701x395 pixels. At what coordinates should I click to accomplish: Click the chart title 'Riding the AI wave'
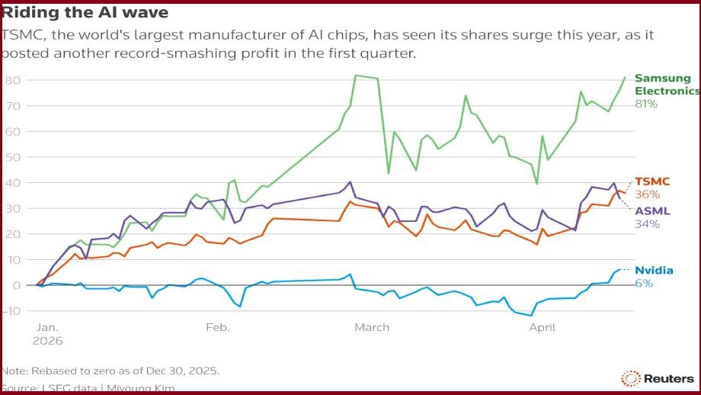(x=85, y=13)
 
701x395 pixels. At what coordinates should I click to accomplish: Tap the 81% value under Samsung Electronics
(x=646, y=103)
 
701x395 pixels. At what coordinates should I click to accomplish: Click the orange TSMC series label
(x=652, y=181)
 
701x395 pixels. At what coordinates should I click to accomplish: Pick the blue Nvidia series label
(x=654, y=270)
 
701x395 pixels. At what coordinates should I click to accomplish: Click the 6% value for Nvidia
(x=644, y=283)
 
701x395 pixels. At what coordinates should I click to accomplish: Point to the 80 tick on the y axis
(x=12, y=80)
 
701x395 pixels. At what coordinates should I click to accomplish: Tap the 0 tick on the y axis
(x=15, y=284)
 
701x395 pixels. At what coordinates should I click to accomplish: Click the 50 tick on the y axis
(x=12, y=157)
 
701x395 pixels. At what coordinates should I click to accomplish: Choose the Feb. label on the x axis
(x=217, y=327)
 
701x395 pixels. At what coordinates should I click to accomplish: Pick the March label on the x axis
(x=371, y=327)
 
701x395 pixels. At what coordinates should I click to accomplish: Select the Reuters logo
(x=658, y=378)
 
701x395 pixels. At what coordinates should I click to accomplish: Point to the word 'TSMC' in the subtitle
(x=21, y=35)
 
